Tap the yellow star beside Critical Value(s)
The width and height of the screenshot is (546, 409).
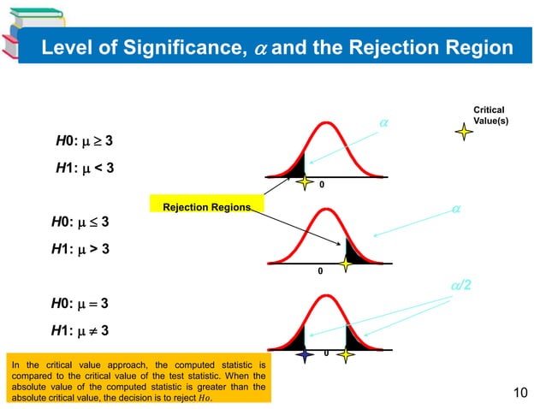(463, 132)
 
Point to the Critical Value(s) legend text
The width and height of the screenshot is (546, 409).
(489, 116)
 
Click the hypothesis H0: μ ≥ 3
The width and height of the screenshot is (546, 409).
(84, 140)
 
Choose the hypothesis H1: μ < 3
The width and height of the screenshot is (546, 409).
(84, 168)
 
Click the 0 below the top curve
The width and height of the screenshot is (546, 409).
(322, 183)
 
